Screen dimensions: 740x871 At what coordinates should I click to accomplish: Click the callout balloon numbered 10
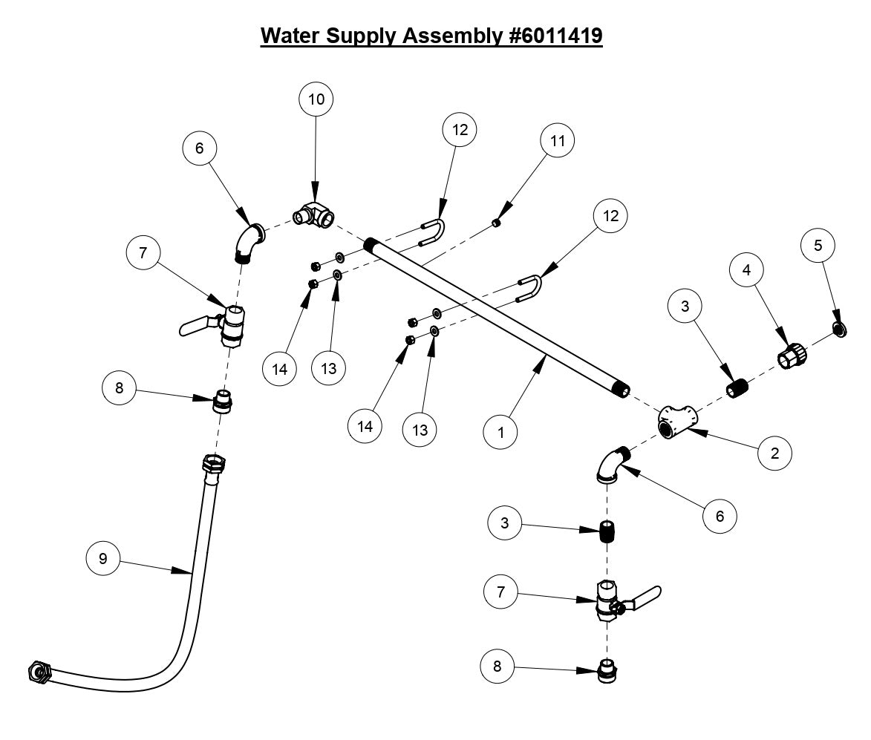click(x=316, y=99)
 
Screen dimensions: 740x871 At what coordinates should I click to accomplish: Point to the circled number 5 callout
click(x=818, y=246)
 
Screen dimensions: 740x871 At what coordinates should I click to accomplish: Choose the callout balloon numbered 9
click(x=103, y=559)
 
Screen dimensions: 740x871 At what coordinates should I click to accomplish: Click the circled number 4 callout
click(x=747, y=271)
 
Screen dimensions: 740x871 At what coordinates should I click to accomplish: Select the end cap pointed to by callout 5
click(x=839, y=330)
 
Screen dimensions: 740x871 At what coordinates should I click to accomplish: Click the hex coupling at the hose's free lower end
click(x=39, y=671)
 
